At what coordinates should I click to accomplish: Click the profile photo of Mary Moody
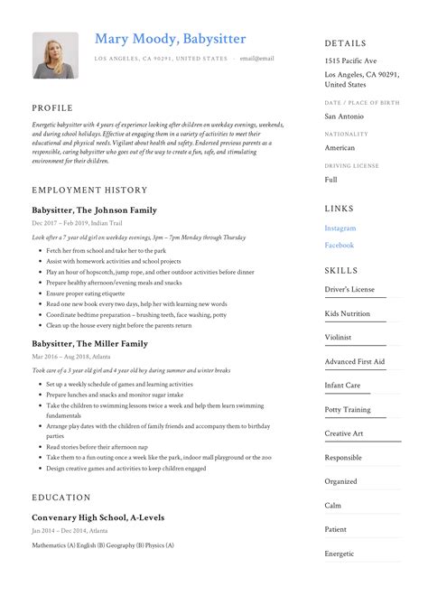55,55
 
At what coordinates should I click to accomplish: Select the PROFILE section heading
52,107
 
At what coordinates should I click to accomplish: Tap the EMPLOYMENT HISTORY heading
89,191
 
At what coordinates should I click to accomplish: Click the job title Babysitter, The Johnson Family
94,209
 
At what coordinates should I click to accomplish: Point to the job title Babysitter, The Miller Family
88,343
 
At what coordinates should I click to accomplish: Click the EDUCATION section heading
61,498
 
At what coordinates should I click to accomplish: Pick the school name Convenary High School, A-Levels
98,517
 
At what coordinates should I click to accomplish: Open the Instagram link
340,228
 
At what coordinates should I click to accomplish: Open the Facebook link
340,245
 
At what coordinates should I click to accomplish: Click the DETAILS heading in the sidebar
346,42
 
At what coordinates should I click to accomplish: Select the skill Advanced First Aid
354,361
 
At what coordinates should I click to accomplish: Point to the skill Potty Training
348,409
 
